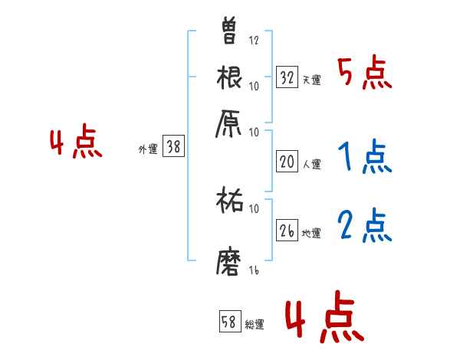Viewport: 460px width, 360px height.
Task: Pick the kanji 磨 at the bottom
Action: (x=230, y=260)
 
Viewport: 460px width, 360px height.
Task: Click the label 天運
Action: (x=311, y=80)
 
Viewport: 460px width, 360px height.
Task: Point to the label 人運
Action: (x=311, y=164)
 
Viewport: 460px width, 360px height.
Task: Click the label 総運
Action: (x=255, y=325)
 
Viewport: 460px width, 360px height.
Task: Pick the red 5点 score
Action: (x=364, y=74)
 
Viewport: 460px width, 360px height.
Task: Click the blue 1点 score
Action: (x=364, y=158)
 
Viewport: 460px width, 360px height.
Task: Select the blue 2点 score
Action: (x=364, y=227)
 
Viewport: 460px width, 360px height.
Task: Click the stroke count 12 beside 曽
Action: (x=254, y=40)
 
